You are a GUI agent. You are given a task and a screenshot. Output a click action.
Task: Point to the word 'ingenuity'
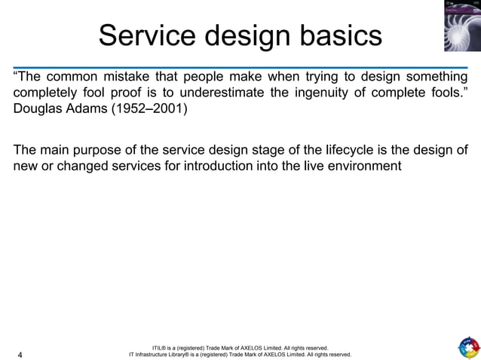(341, 95)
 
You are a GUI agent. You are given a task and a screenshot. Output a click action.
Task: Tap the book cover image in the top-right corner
(462, 26)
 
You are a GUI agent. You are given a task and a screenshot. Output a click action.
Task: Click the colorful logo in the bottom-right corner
(467, 348)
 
